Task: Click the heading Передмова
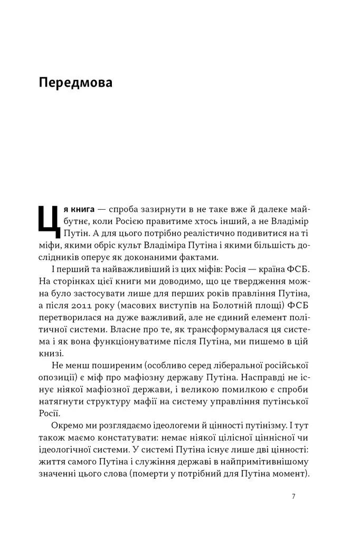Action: point(75,83)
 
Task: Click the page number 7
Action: point(293,496)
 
